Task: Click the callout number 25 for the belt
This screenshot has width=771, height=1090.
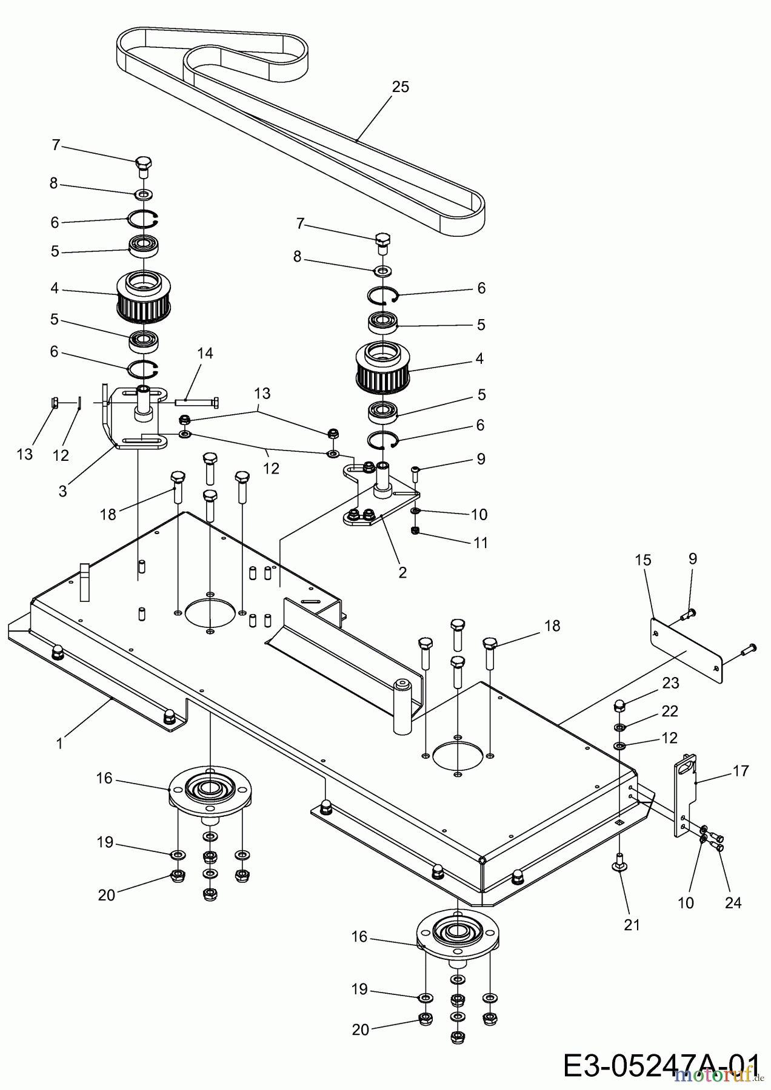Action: point(400,87)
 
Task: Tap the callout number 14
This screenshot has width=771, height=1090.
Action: point(205,353)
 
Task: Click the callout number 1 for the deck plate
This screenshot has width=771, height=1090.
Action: point(59,743)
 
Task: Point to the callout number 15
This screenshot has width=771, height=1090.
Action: point(643,560)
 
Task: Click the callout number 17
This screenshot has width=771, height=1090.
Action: point(741,771)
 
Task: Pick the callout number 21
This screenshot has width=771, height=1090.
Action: point(632,925)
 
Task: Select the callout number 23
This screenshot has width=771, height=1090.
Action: point(670,683)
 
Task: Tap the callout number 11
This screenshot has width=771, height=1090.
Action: point(480,543)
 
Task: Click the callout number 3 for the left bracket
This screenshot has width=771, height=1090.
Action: point(63,491)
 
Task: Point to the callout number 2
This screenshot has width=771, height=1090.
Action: point(402,572)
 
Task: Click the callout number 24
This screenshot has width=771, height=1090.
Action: point(733,903)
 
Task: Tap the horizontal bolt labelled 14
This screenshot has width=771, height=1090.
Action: point(197,401)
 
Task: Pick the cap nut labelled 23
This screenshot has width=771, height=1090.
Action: point(619,704)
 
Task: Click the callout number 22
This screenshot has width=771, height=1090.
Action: point(670,710)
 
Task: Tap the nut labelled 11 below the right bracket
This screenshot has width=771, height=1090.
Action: point(415,531)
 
